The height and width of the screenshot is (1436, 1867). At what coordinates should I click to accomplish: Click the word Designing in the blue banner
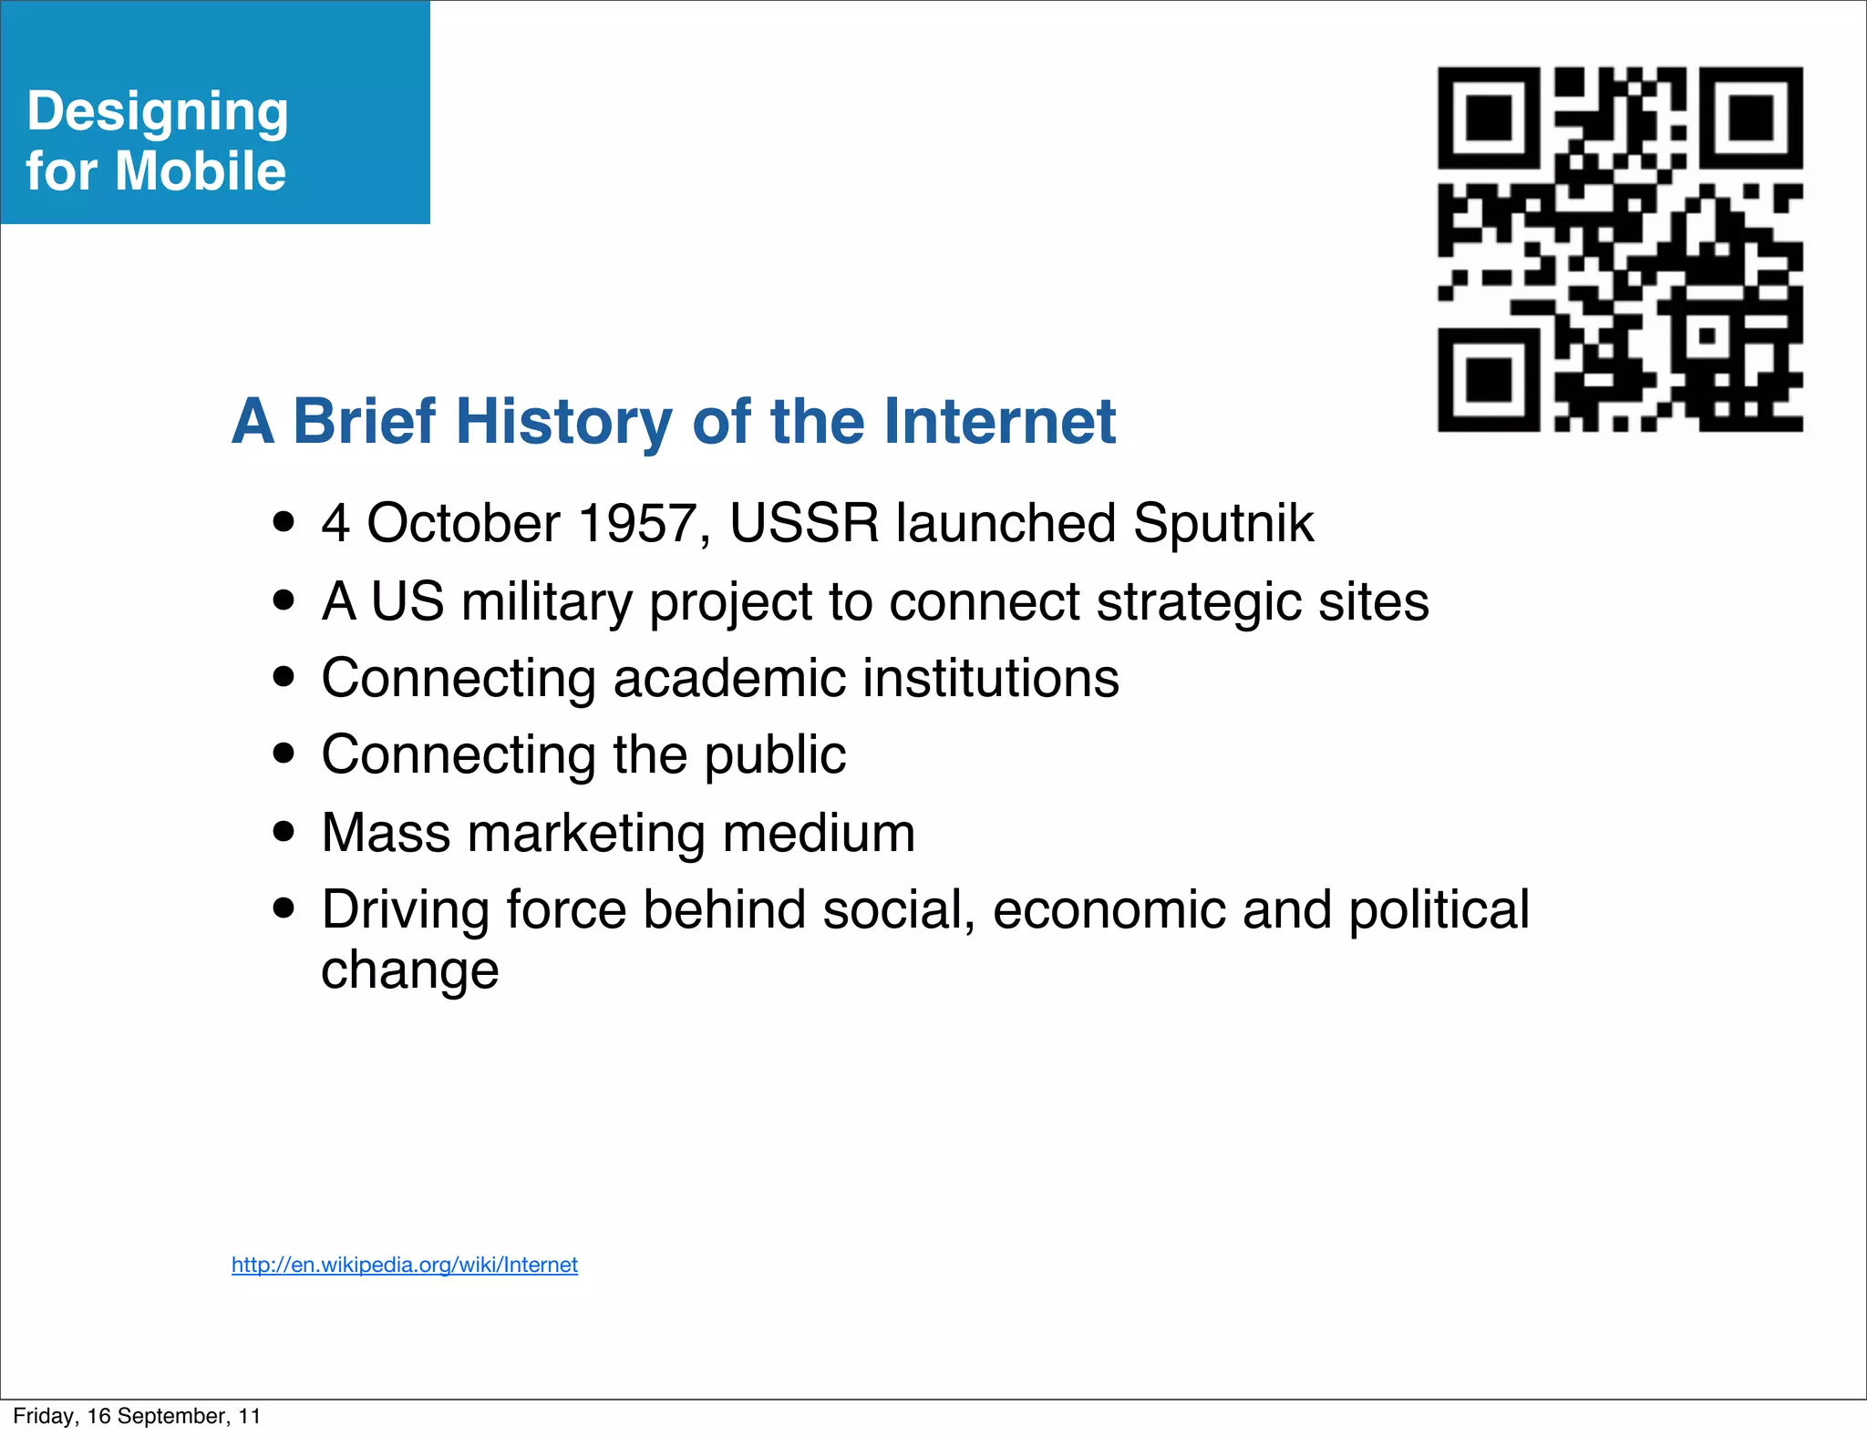(x=158, y=113)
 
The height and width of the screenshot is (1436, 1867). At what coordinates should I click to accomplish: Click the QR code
(x=1620, y=249)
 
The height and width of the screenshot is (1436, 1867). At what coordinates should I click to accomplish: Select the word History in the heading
(x=564, y=422)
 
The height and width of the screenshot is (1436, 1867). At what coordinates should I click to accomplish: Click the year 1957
(x=637, y=524)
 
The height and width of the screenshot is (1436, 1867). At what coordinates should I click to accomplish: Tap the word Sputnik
(x=1223, y=524)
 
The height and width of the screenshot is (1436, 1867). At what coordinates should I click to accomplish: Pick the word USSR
(x=804, y=524)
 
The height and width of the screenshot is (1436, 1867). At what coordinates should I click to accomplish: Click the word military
(x=546, y=602)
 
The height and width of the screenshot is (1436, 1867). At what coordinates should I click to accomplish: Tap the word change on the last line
(x=410, y=970)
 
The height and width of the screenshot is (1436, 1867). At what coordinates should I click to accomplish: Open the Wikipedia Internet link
(x=405, y=1265)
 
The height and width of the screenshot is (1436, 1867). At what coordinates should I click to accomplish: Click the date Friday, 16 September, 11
(x=137, y=1416)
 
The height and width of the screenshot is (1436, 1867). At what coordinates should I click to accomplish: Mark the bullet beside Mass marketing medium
(x=284, y=832)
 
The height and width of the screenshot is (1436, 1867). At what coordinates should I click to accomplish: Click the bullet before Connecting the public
(x=284, y=754)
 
